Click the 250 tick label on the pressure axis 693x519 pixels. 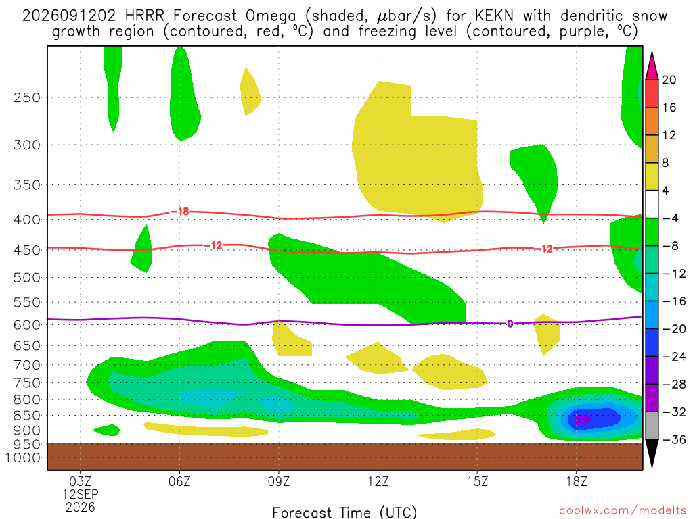[x=27, y=97]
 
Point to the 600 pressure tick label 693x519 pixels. [x=27, y=325]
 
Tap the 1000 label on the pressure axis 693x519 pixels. [x=23, y=458]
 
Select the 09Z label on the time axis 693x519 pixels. [x=278, y=481]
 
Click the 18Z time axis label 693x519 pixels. [x=577, y=481]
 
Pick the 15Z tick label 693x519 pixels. [x=477, y=481]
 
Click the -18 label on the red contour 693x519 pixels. [x=180, y=212]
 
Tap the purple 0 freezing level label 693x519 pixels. [x=510, y=324]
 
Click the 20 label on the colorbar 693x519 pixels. [x=669, y=80]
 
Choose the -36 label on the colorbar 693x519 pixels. [x=673, y=439]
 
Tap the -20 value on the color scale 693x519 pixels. [x=673, y=329]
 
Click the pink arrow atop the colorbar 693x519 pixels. [x=652, y=66]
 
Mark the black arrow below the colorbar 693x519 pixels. [x=652, y=453]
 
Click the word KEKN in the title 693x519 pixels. [x=494, y=16]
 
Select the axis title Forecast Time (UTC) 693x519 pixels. [x=344, y=512]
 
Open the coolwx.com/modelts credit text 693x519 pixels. [x=623, y=511]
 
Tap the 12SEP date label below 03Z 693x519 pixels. [x=81, y=494]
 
